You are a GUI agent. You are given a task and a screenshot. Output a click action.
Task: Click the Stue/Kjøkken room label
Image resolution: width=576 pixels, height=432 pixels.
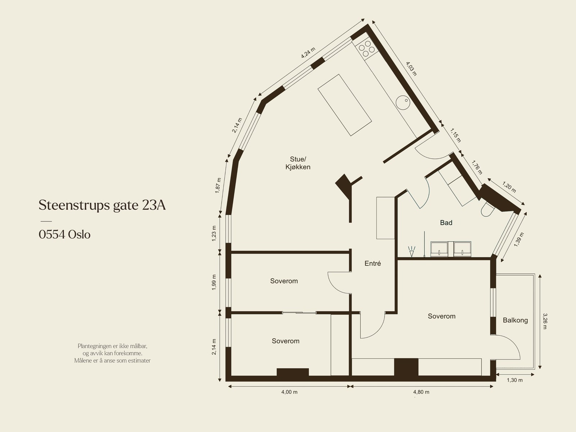tap(298, 163)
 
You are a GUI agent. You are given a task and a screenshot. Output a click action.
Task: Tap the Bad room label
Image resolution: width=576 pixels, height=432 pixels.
tap(446, 223)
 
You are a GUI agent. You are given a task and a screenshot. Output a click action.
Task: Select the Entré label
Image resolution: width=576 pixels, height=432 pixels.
tap(372, 264)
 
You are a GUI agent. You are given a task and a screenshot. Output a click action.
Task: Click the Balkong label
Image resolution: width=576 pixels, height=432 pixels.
tap(515, 320)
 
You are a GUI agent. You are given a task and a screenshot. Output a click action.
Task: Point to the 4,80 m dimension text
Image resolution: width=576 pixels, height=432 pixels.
tap(421, 392)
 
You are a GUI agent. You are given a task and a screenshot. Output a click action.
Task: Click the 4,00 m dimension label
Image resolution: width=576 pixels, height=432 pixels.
tap(289, 392)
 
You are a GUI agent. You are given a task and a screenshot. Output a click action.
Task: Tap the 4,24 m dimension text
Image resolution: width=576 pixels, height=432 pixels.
tap(308, 53)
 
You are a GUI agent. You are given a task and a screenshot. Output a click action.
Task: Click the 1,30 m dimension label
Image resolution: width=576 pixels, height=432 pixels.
tap(514, 380)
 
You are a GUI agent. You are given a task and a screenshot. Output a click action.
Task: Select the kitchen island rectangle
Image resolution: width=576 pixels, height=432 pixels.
tap(345, 105)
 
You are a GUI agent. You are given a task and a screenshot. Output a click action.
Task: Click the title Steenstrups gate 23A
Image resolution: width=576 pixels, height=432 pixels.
tap(102, 205)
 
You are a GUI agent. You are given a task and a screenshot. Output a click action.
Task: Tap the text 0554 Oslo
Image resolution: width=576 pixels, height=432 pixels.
tap(64, 235)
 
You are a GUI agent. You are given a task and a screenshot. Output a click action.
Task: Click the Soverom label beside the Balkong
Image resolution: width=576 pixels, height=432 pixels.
tap(441, 316)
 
